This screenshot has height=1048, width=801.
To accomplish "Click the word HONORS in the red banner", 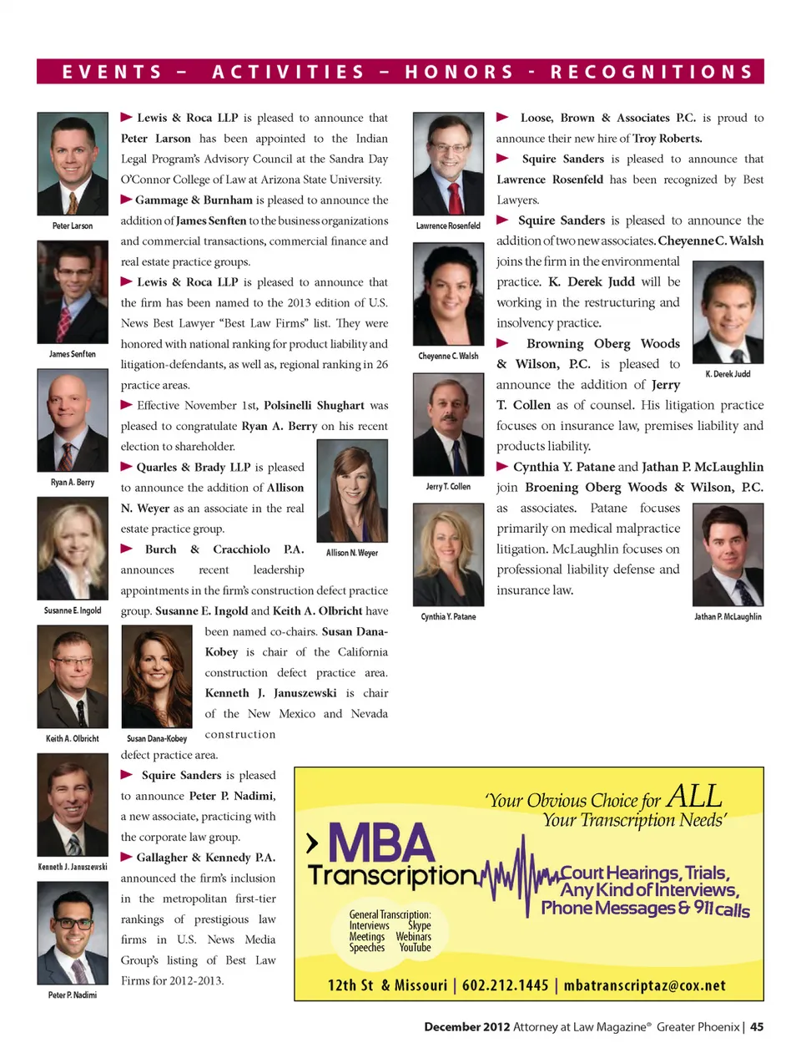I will (x=460, y=72).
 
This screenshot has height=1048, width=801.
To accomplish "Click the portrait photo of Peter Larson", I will (x=73, y=164).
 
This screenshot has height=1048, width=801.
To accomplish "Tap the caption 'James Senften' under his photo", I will (x=73, y=354).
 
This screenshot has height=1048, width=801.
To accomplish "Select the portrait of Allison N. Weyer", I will (x=352, y=491).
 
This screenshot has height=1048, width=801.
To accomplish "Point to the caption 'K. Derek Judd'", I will (x=728, y=374).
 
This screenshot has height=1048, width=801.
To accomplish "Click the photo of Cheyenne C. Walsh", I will (x=449, y=294).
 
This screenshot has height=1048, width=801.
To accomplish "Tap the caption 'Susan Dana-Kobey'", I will (x=157, y=738).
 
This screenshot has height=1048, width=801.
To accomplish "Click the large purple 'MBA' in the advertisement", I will (x=381, y=843).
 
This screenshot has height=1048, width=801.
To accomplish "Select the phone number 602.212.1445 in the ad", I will (x=506, y=985).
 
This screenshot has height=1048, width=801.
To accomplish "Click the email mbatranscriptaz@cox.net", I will (x=644, y=985).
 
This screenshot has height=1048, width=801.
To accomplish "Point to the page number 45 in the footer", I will (x=757, y=1027).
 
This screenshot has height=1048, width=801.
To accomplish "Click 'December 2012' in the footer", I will (x=466, y=1027).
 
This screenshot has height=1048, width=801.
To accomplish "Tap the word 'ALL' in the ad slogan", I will (x=694, y=797).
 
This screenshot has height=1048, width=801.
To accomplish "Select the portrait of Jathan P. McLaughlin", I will (x=728, y=554).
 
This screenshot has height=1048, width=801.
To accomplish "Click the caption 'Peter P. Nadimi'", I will (x=73, y=995).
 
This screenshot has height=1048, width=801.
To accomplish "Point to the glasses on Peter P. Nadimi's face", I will (x=73, y=923).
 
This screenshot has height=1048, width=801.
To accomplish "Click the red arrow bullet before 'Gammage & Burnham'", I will (x=127, y=200).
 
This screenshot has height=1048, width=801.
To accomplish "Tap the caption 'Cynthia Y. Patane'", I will (x=449, y=616).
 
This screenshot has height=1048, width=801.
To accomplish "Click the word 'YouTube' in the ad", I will (x=415, y=948).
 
